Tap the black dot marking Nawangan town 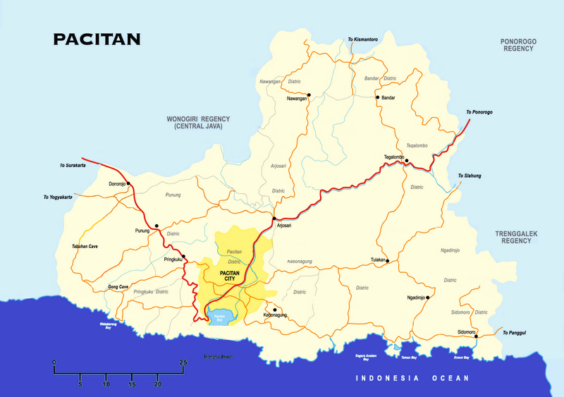(x=309, y=94)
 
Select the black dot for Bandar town (x=378, y=97)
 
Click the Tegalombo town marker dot (x=407, y=161)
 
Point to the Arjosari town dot (x=274, y=219)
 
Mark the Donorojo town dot (x=128, y=183)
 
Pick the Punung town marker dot (x=157, y=226)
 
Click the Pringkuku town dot (x=183, y=256)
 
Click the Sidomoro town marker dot (x=477, y=336)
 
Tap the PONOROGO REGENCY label (x=518, y=46)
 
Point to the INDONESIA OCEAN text (x=412, y=379)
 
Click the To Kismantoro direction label (x=363, y=39)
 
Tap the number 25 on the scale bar (x=183, y=362)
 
